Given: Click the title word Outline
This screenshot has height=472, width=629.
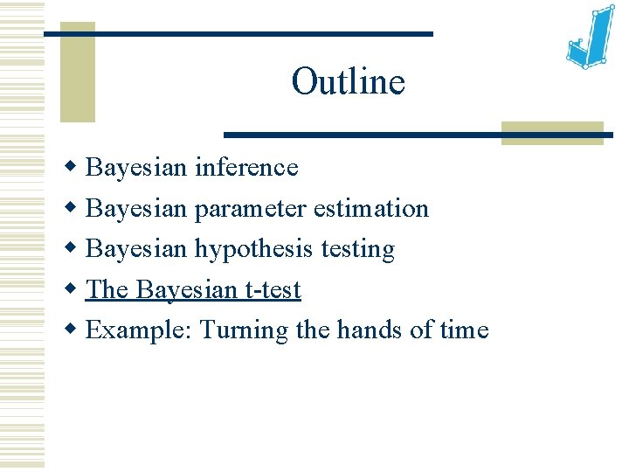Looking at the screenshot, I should (348, 82).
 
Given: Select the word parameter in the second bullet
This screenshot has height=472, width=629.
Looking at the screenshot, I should (250, 209).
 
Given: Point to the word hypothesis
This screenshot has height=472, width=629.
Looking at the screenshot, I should (253, 250).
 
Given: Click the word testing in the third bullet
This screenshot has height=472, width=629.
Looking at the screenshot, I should (358, 250).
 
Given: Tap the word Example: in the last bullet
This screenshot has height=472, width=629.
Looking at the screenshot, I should (140, 330).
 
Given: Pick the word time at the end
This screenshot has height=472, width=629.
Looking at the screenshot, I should (466, 330).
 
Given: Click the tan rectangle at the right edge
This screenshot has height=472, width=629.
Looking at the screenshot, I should (552, 132).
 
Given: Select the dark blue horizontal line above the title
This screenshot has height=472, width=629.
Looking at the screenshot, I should (238, 34).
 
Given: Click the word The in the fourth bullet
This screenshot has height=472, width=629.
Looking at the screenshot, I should (107, 290).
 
